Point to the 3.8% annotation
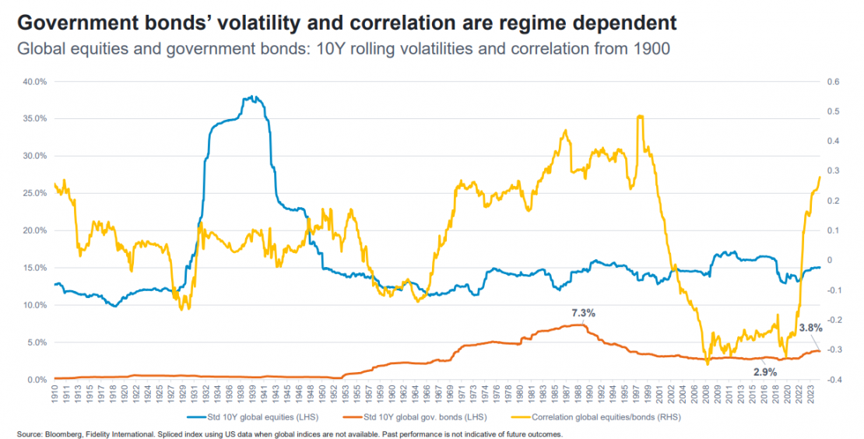[810, 328]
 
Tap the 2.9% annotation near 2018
[765, 372]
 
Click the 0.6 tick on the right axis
[832, 81]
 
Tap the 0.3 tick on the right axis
[832, 170]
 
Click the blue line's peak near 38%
[251, 97]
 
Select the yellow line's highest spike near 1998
[639, 117]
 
